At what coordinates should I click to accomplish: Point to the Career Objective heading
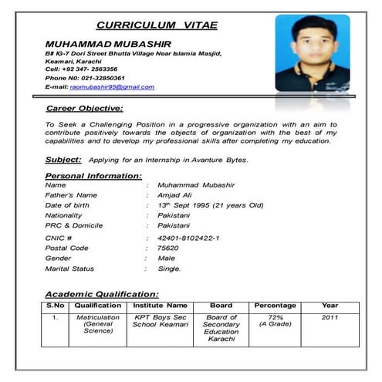coord(84,109)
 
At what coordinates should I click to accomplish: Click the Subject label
coord(63,159)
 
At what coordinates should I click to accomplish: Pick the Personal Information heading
coord(90,177)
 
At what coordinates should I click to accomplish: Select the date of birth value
coord(210,206)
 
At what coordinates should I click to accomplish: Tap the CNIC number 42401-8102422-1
coord(188,238)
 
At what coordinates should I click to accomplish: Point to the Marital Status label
coord(69,269)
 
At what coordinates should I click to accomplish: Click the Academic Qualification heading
coord(102,294)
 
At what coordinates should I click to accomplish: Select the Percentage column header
coord(276,306)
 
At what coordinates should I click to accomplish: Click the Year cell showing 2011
coord(330,317)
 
